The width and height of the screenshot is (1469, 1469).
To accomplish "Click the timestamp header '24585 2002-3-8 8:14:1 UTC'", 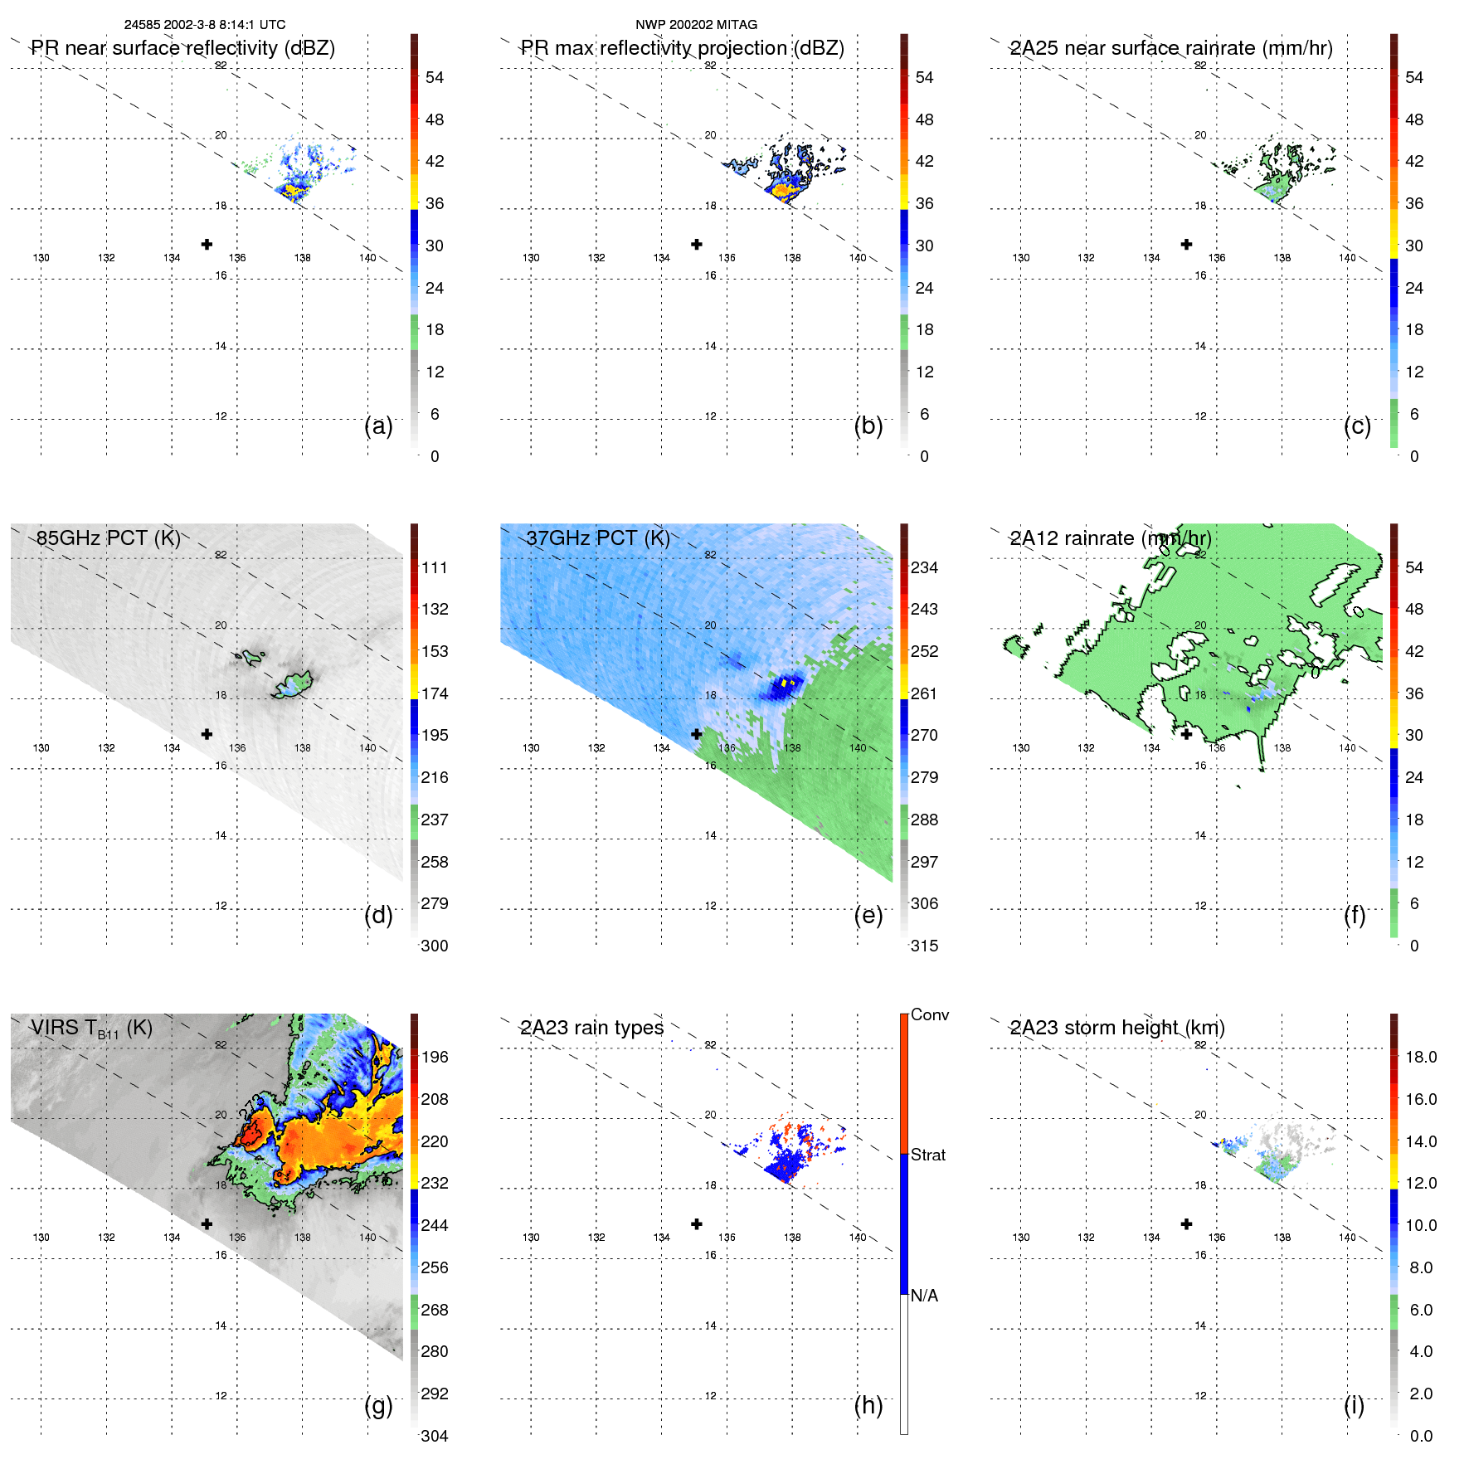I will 204,25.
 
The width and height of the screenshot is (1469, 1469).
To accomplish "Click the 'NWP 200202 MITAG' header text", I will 696,25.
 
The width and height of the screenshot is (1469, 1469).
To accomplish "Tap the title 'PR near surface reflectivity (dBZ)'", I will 182,48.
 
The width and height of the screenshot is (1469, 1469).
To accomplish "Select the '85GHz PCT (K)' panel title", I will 108,537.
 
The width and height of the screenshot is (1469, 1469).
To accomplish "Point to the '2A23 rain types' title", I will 591,1028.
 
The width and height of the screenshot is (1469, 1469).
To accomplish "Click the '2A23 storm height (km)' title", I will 1116,1028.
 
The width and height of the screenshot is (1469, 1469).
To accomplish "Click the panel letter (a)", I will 378,426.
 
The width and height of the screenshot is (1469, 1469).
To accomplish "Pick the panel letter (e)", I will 868,915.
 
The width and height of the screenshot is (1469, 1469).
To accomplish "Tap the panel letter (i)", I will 1354,1405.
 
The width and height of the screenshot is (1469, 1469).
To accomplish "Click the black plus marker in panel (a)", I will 207,244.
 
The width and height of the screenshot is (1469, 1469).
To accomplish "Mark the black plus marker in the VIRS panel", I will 207,1223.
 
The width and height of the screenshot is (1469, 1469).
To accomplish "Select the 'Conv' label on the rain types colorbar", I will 929,1014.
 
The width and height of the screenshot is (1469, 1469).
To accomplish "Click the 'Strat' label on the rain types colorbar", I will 927,1155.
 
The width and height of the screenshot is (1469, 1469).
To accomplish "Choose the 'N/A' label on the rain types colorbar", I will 924,1296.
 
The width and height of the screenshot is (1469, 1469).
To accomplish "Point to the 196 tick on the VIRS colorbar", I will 434,1057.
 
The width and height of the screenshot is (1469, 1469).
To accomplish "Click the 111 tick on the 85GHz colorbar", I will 434,567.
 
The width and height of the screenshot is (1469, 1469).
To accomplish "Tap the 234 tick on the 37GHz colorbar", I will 924,567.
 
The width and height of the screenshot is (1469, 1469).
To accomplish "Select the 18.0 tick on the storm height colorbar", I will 1420,1057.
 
